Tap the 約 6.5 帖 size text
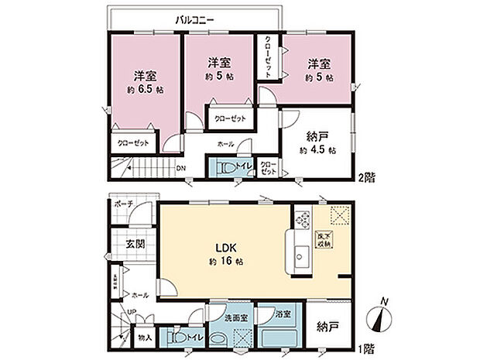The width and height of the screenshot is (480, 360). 144,91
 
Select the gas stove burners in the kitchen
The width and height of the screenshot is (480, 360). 302,221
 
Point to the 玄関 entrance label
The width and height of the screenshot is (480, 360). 135,243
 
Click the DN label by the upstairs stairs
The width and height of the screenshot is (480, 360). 180,169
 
